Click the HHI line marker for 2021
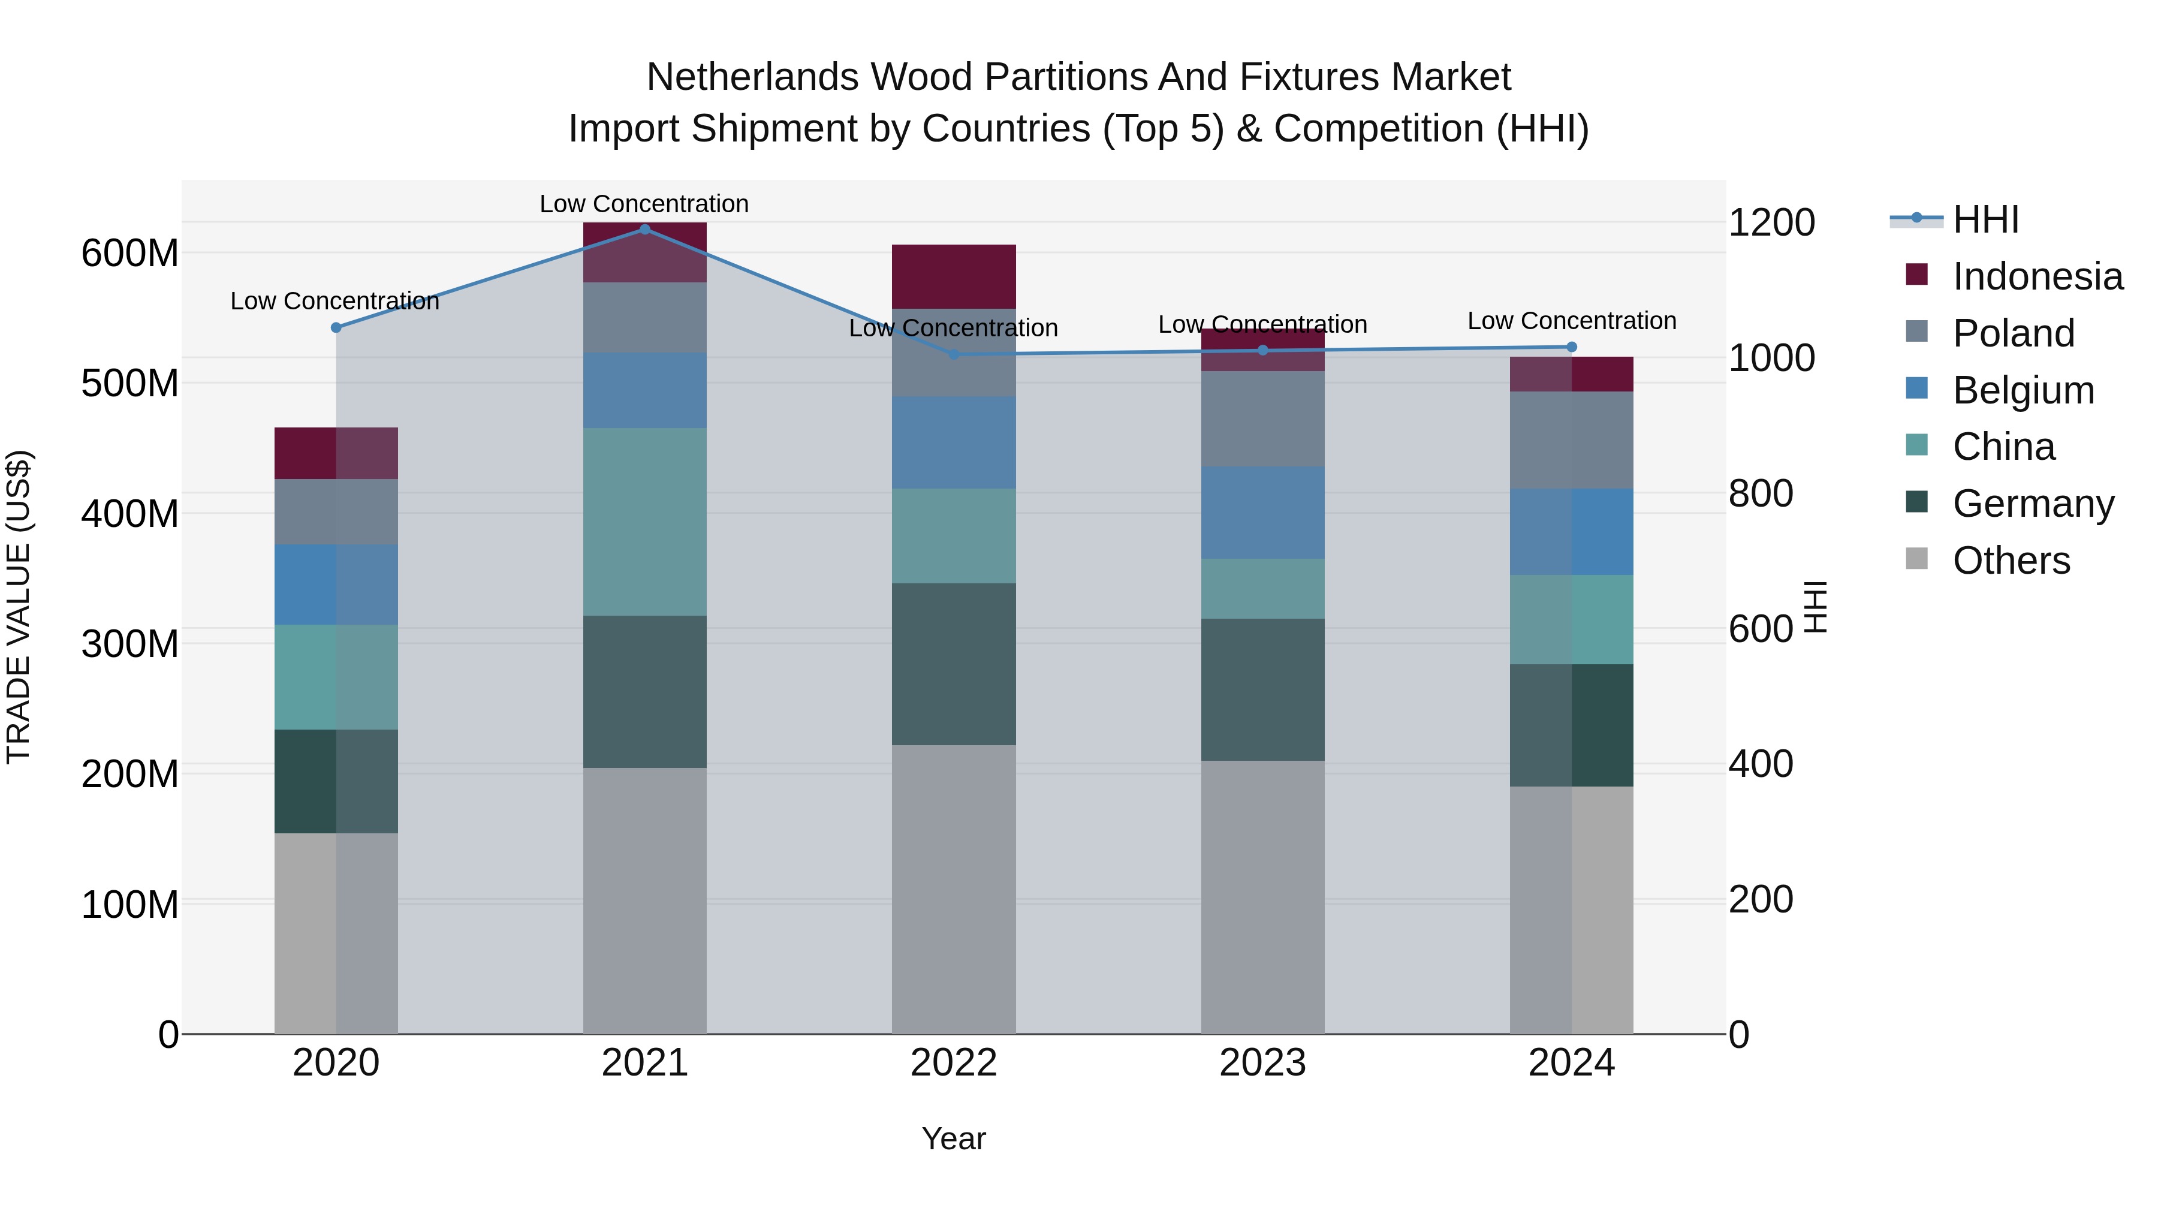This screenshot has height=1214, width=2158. pyautogui.click(x=644, y=229)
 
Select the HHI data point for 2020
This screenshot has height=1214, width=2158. pyautogui.click(x=336, y=327)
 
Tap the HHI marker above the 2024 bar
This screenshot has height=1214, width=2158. pyautogui.click(x=1572, y=347)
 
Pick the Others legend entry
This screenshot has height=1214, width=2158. pyautogui.click(x=2011, y=561)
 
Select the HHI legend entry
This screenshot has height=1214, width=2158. pyautogui.click(x=1985, y=219)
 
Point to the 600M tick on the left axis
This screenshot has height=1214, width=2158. pyautogui.click(x=130, y=253)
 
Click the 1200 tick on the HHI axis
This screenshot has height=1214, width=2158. pyautogui.click(x=1771, y=223)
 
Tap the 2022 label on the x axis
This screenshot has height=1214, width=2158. pyautogui.click(x=953, y=1063)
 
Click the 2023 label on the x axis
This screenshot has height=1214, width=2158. pyautogui.click(x=1262, y=1063)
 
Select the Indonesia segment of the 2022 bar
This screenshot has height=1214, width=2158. pyautogui.click(x=953, y=276)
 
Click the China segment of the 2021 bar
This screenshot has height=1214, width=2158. pyautogui.click(x=644, y=522)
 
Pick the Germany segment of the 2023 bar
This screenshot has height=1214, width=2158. pyautogui.click(x=1262, y=689)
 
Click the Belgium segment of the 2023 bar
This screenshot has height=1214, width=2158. pyautogui.click(x=1262, y=513)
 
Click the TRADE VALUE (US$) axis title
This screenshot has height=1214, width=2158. pyautogui.click(x=19, y=607)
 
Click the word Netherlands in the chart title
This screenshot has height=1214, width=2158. pyautogui.click(x=753, y=77)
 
